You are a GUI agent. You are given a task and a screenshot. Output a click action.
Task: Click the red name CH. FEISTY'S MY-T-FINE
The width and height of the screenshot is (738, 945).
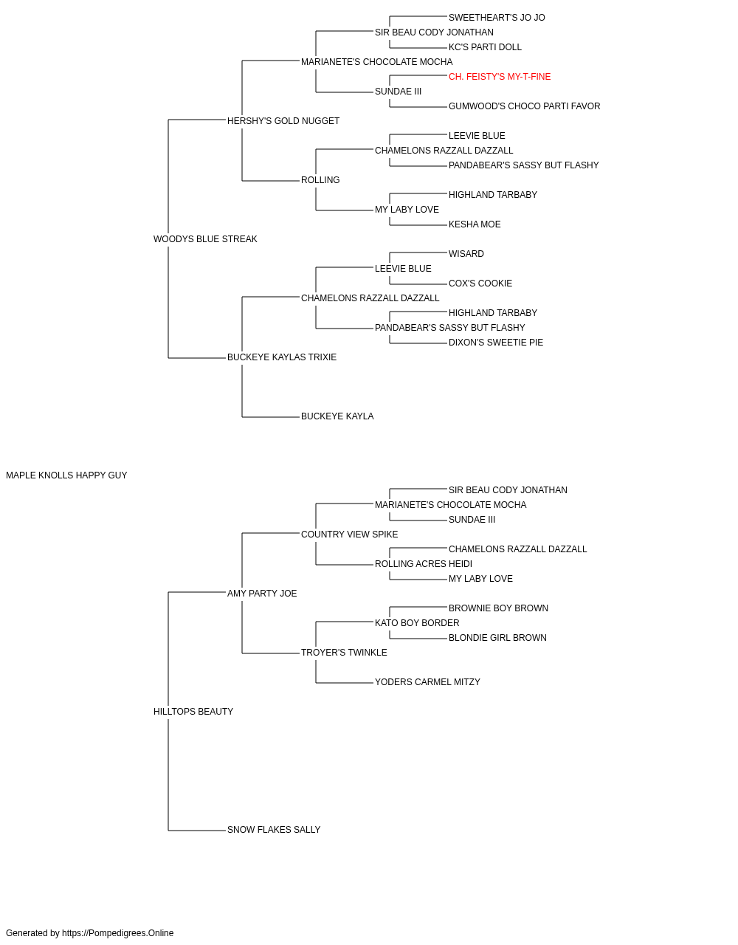500,77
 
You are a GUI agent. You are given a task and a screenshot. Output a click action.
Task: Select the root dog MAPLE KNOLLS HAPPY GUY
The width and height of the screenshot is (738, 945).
66,475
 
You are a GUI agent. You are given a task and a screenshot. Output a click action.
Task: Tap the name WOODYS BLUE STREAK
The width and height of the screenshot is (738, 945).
205,239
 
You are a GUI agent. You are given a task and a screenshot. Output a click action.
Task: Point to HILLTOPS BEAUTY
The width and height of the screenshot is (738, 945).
193,712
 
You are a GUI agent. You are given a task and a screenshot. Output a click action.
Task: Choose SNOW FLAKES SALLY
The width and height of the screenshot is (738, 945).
274,829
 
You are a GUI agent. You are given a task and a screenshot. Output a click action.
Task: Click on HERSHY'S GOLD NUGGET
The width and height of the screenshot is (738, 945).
283,121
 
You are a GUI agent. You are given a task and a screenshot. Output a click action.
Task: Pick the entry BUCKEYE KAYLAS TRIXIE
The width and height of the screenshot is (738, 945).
282,357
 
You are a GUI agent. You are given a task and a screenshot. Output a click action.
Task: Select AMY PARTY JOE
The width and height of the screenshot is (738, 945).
262,593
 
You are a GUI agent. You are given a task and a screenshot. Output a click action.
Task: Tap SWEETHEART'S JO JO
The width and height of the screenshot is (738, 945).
497,18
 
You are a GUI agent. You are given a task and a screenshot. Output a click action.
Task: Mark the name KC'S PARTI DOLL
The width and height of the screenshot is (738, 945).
485,47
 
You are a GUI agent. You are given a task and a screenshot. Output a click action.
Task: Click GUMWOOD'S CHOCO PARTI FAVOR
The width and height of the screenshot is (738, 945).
524,106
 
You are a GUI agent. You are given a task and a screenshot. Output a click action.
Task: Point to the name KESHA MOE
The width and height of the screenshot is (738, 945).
475,224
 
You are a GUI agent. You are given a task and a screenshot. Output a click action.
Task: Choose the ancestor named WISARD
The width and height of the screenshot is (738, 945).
466,254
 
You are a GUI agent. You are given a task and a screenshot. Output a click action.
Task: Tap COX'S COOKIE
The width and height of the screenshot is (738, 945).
480,283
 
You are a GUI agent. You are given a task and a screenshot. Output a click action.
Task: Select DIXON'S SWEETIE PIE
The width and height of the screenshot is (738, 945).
496,343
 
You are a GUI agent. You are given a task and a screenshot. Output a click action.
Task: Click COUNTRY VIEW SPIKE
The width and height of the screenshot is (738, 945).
349,535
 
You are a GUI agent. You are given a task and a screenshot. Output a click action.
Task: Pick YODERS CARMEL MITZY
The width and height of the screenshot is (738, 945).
428,682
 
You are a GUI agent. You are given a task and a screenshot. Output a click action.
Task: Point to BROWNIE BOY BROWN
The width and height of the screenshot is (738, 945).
499,608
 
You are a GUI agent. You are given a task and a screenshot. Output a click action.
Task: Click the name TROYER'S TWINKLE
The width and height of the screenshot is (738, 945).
344,653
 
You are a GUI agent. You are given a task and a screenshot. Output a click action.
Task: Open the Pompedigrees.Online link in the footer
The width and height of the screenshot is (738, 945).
118,933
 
